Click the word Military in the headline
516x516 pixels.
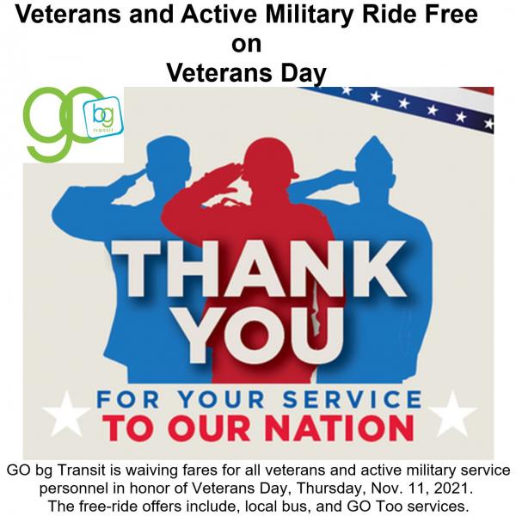pos(307,15)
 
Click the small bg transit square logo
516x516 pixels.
pos(103,117)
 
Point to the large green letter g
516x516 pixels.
pos(46,123)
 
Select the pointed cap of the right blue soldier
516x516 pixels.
pos(374,152)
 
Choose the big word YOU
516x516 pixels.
pos(261,335)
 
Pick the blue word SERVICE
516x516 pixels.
pos(352,399)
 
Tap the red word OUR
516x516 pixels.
pos(210,427)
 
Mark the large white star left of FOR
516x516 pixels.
pos(67,413)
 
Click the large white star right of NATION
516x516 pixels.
pos(452,413)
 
